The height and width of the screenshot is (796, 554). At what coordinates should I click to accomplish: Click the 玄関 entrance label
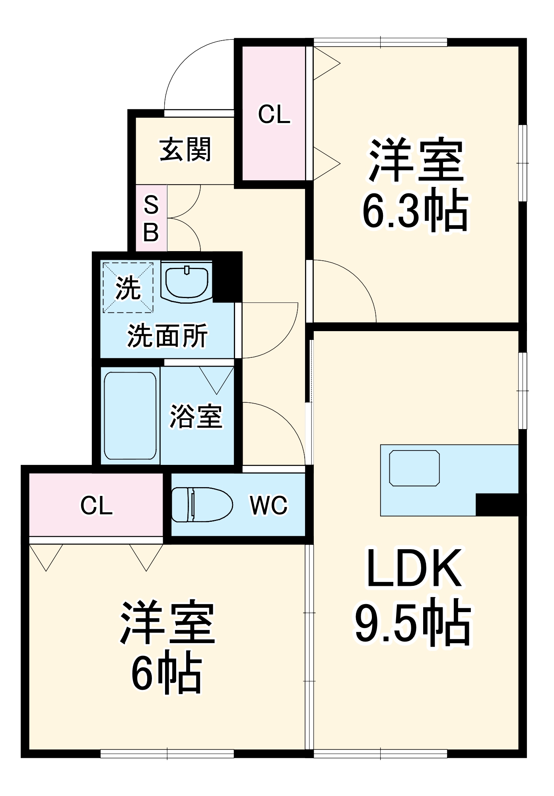(185, 150)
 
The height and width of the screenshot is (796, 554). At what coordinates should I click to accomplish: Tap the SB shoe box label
(151, 218)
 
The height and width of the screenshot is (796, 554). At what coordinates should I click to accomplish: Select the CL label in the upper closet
(274, 114)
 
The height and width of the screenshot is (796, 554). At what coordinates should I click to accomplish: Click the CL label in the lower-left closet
(96, 505)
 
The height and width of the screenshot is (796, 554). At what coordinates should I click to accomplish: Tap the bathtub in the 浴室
(130, 416)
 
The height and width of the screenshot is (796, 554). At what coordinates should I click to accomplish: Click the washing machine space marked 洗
(128, 287)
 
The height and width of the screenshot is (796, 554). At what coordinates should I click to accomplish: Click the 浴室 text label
(196, 417)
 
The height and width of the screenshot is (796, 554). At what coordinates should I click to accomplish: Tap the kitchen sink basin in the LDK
(414, 468)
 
